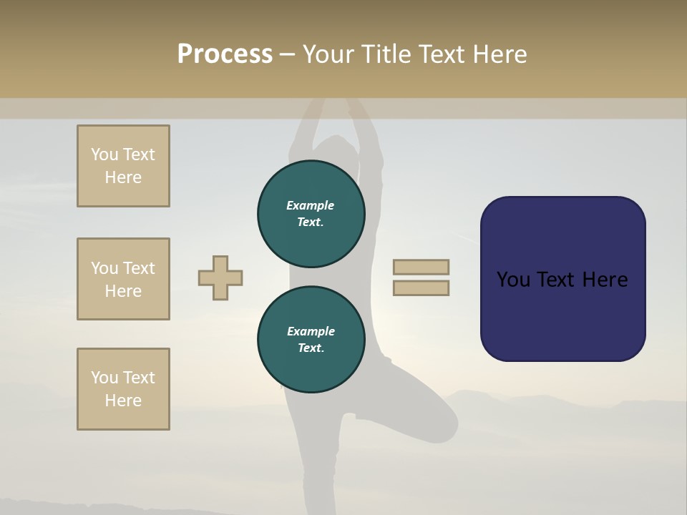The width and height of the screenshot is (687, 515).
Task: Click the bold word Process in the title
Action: tap(225, 54)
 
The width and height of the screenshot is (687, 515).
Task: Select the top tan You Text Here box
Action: tap(123, 166)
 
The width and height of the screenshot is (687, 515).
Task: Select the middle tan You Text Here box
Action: tap(123, 279)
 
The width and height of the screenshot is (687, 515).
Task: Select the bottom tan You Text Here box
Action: tap(123, 389)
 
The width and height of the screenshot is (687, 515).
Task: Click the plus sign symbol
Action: tap(220, 278)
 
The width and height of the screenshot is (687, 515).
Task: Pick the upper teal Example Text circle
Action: tap(311, 213)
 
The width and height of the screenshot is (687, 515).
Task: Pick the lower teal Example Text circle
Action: tap(311, 339)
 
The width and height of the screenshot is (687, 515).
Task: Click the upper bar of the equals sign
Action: tap(422, 267)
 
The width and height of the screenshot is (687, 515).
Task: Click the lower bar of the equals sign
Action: tap(422, 288)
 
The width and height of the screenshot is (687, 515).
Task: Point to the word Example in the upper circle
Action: tap(311, 205)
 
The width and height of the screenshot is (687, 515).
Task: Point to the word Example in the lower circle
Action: tap(311, 331)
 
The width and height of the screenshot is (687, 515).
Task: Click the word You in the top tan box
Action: tap(104, 154)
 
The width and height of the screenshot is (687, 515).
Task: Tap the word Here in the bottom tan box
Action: tap(123, 401)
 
